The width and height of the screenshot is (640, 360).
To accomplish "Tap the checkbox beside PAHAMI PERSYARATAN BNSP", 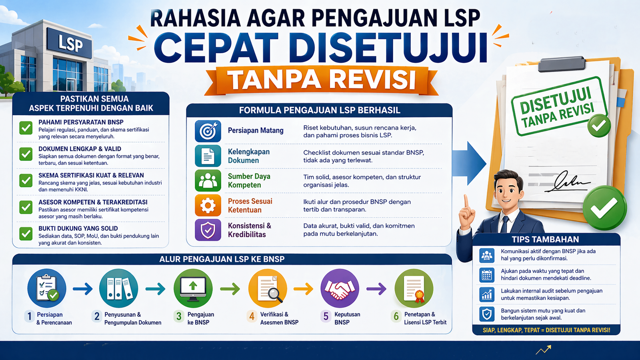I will [26, 128].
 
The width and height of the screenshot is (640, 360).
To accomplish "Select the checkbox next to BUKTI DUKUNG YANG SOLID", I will [26, 234].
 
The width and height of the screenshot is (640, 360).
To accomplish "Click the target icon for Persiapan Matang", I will [208, 131].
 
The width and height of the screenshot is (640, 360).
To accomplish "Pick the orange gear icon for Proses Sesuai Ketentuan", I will [208, 206].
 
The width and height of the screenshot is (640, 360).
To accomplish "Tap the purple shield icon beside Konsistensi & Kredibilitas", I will [208, 230].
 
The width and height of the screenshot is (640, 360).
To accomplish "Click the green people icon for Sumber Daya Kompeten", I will [208, 181].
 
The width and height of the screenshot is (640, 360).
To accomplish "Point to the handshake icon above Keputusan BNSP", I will [340, 288].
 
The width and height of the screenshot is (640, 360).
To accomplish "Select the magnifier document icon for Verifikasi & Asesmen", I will [268, 288].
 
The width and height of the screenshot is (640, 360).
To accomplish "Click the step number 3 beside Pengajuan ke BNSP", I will [179, 316].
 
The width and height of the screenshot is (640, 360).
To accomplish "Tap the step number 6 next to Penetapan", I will [396, 316].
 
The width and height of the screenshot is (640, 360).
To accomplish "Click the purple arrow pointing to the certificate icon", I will [376, 288].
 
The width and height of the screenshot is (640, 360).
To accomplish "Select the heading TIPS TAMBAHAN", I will [545, 240].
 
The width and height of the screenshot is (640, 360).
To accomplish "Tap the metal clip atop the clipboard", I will [562, 64].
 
